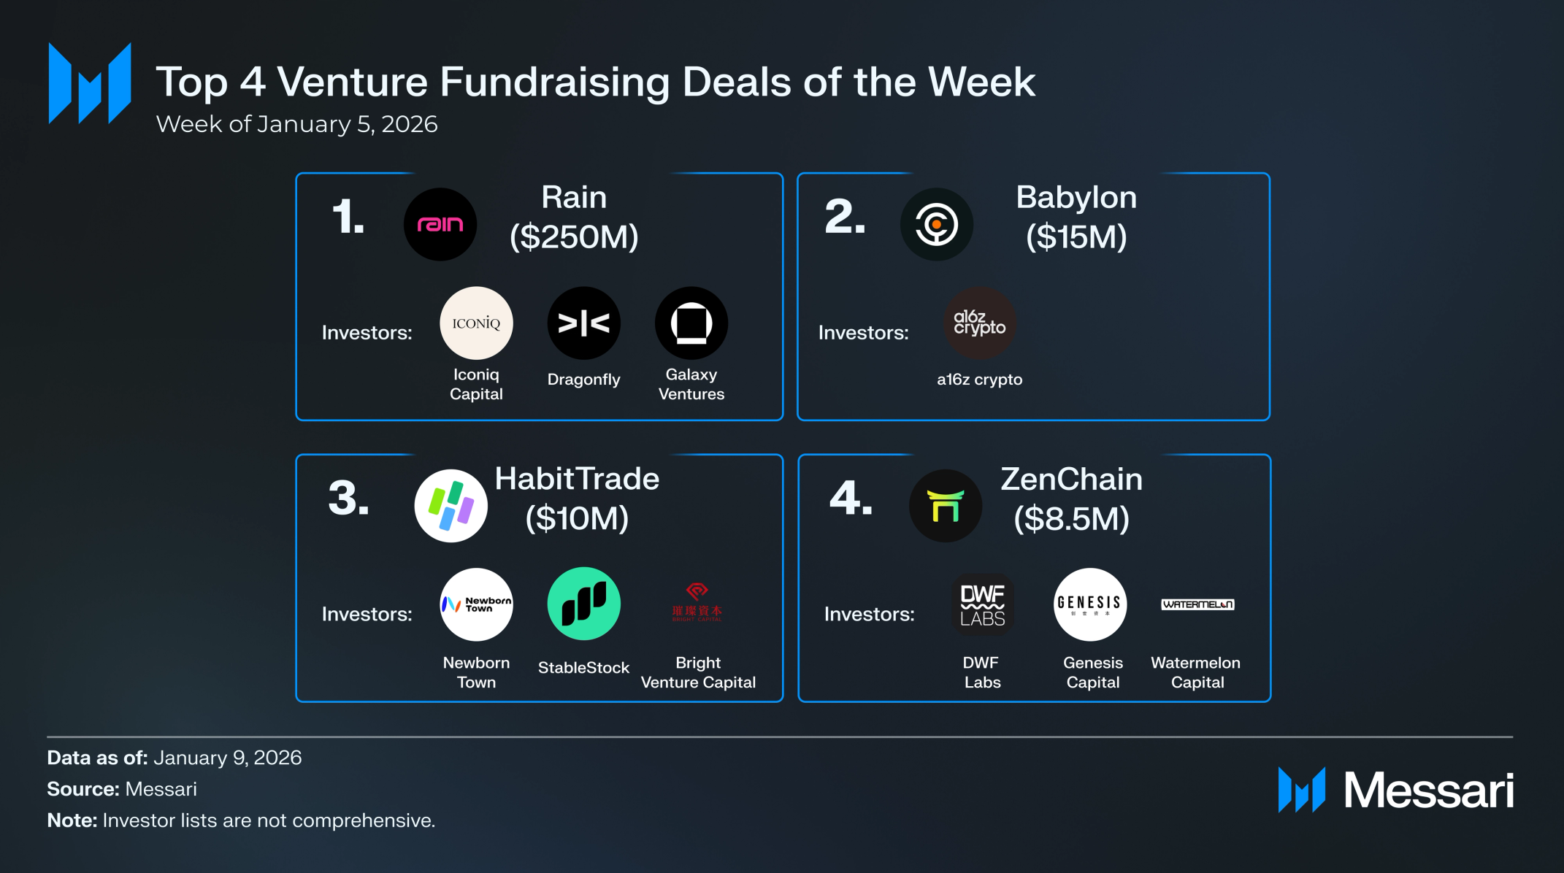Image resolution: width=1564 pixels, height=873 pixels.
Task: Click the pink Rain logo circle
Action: click(440, 224)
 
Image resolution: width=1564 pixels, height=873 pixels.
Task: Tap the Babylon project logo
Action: click(936, 224)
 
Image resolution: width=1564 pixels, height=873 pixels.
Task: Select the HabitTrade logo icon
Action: click(451, 505)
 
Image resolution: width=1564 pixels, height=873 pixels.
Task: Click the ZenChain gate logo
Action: click(945, 505)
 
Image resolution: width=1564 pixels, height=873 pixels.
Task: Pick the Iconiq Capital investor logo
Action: click(476, 323)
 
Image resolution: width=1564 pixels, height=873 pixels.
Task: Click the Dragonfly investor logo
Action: click(583, 323)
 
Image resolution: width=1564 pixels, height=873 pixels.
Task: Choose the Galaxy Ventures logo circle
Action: click(691, 323)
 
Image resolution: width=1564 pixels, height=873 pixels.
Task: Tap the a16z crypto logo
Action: click(979, 323)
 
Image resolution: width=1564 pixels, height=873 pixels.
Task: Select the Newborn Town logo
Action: click(476, 604)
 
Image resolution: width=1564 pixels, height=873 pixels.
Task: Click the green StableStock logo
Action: click(583, 604)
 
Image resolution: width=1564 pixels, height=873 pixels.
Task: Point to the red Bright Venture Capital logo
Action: click(697, 602)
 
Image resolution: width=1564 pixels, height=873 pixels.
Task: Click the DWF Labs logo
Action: click(982, 604)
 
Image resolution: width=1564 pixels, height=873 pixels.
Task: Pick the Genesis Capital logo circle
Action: click(1089, 604)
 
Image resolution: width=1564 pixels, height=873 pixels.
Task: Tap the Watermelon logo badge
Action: click(1197, 604)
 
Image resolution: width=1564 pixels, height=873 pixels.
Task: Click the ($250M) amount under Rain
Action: click(574, 236)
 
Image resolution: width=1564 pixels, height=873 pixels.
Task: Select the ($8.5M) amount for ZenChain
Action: click(1071, 518)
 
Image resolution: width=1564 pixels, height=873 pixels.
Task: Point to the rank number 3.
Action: click(348, 499)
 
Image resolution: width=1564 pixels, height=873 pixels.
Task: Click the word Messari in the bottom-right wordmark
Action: click(1429, 791)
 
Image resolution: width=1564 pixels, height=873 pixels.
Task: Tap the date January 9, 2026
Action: click(227, 758)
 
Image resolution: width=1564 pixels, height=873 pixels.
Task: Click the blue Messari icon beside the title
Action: click(90, 83)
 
